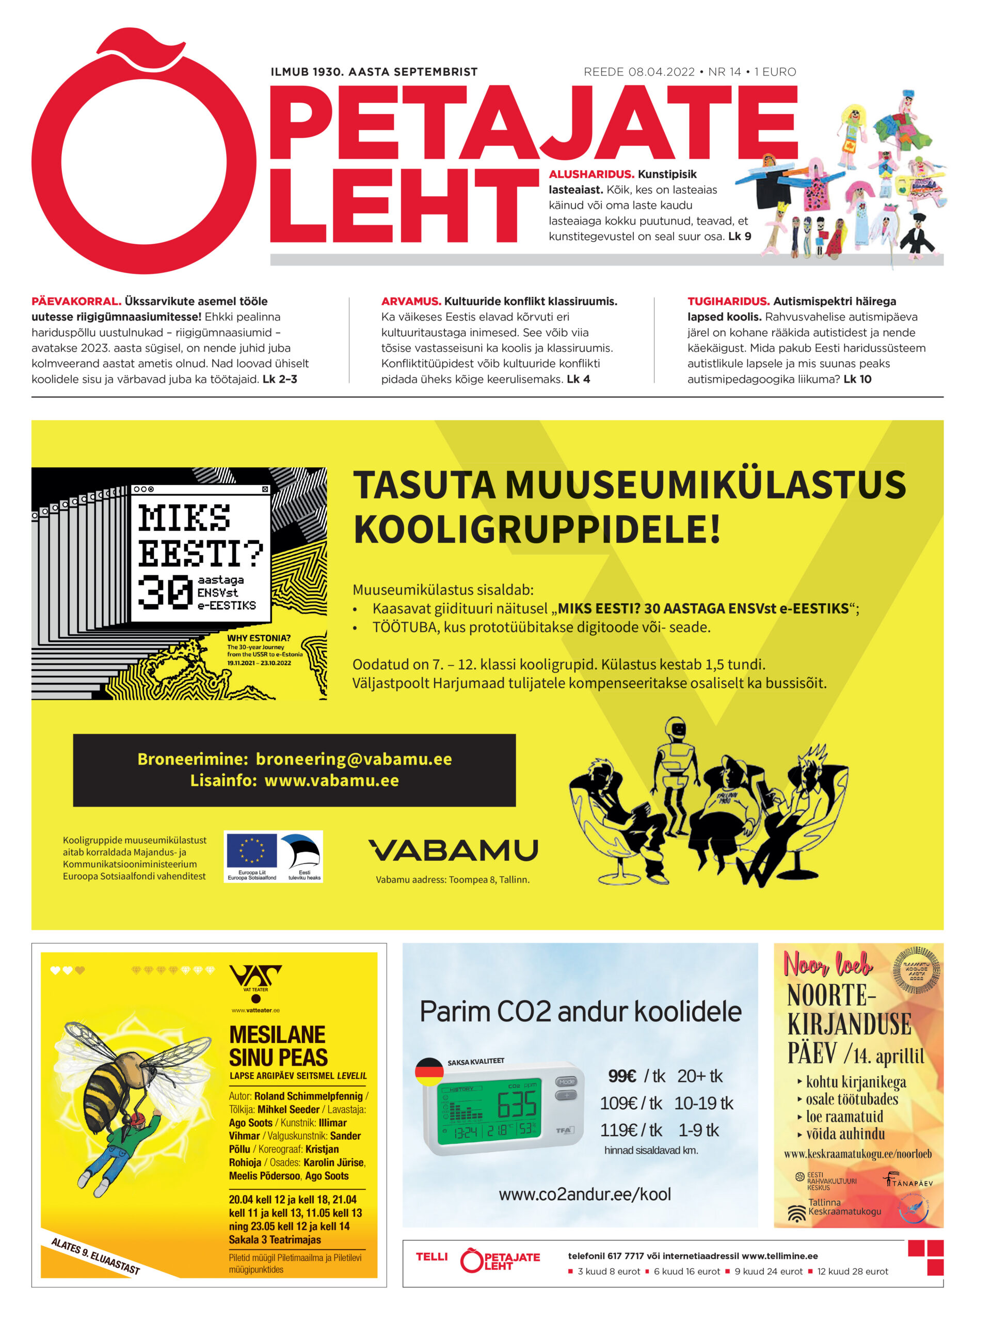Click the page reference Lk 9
point(739,236)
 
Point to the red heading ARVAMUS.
point(411,301)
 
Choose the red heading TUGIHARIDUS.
point(728,301)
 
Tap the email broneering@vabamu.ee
point(354,759)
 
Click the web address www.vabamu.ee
point(331,780)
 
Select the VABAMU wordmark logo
point(453,850)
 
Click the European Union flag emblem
point(251,851)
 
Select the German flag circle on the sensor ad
point(429,1072)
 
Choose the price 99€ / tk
point(636,1076)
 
